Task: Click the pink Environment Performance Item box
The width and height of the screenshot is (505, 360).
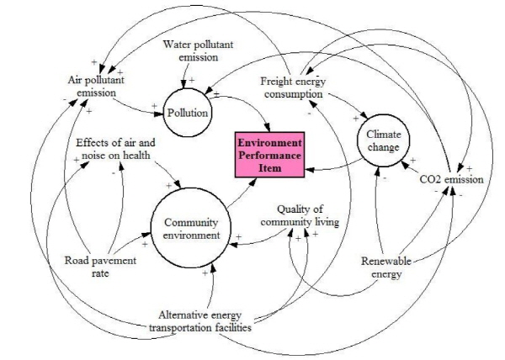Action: [x=270, y=155]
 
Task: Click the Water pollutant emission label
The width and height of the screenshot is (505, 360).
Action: [x=198, y=50]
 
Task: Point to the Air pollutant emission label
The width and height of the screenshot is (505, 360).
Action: [x=96, y=86]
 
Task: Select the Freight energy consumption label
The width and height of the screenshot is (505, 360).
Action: [x=293, y=87]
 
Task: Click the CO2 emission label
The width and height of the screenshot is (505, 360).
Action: [x=451, y=179]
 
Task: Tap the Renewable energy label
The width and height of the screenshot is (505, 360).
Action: [x=386, y=267]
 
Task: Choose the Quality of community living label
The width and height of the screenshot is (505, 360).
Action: [x=300, y=215]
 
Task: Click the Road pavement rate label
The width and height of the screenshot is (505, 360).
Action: [x=100, y=267]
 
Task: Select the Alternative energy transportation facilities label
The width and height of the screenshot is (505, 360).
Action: [x=200, y=321]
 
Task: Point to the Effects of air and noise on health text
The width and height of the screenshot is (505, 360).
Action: [x=115, y=149]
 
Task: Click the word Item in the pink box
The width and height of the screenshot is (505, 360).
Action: [x=270, y=168]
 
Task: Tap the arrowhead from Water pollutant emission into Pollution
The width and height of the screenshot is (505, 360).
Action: [x=183, y=85]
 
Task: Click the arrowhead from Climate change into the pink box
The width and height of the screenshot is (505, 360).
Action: [x=309, y=170]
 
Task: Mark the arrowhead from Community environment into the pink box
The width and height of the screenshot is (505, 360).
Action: [x=253, y=182]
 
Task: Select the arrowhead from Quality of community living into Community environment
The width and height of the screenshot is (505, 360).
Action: [x=233, y=245]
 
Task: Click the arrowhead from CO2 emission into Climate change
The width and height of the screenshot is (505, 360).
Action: [x=405, y=165]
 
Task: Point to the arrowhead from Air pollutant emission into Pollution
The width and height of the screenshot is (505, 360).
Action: [x=159, y=114]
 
